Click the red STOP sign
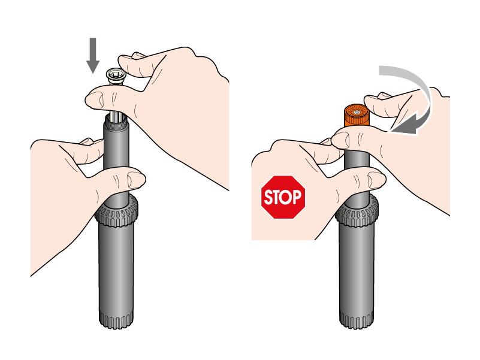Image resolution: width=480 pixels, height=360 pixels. (x=283, y=197)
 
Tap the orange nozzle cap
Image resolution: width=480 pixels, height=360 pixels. (x=357, y=116)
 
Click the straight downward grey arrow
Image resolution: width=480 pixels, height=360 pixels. (x=93, y=56)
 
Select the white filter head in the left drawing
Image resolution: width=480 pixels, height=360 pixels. (x=115, y=77)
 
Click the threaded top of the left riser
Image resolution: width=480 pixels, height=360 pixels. (x=116, y=122)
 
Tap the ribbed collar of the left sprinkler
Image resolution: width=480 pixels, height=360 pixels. (x=116, y=211)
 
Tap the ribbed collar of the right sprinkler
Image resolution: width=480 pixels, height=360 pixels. (x=357, y=211)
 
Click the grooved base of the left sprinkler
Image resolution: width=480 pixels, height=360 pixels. (x=116, y=319)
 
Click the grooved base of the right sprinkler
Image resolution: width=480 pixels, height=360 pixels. (x=357, y=319)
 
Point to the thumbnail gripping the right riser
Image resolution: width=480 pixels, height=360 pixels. (x=375, y=180)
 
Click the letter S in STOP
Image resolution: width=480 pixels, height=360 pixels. (x=268, y=198)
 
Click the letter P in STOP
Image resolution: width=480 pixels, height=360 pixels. (x=296, y=197)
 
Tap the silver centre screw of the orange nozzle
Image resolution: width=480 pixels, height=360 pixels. (x=356, y=113)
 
